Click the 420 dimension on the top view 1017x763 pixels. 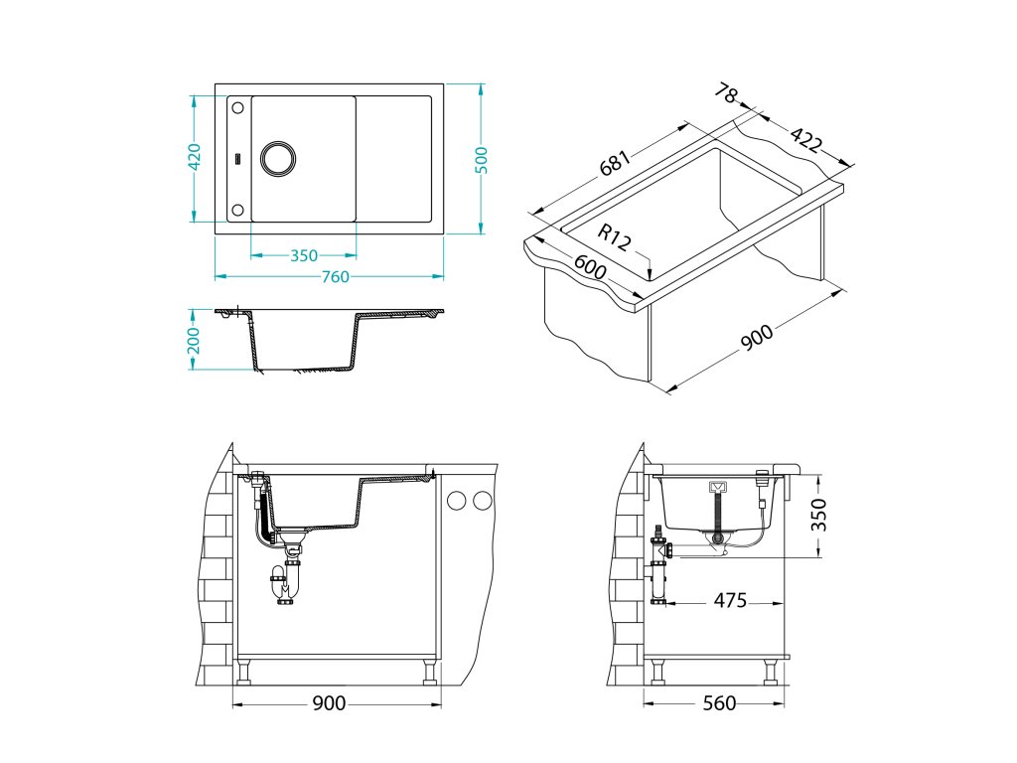195,158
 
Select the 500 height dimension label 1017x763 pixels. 482,159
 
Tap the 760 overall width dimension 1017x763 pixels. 334,277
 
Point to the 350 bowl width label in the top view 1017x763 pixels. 304,255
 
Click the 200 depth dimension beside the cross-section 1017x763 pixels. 195,340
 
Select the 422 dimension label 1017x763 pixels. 805,141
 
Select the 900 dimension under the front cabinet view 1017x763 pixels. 329,703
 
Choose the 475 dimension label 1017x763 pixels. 729,601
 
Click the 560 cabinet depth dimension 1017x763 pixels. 719,703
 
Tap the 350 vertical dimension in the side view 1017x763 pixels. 818,515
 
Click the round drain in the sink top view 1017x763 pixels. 277,158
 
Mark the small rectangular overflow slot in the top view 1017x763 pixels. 237,158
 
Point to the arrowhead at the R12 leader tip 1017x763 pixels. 648,276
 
